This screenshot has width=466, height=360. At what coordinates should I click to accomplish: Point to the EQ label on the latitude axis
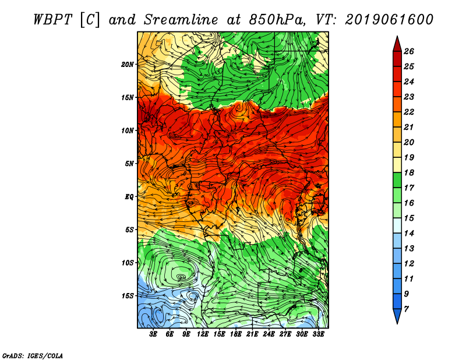tap(129, 196)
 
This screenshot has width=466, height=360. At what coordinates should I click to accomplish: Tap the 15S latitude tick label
tap(128, 295)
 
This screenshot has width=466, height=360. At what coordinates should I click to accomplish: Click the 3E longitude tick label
tap(154, 334)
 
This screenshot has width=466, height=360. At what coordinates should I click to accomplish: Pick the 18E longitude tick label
tap(236, 334)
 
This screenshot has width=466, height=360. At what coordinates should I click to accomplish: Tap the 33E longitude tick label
tap(318, 334)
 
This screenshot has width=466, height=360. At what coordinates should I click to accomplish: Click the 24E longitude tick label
tap(269, 334)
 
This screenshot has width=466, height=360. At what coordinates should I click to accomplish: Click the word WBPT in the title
tap(54, 19)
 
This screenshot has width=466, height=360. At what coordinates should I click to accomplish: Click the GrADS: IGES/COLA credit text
tap(33, 355)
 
